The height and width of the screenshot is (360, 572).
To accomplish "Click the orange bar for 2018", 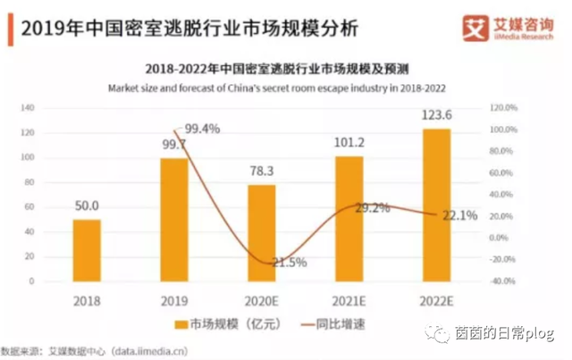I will [x=87, y=250].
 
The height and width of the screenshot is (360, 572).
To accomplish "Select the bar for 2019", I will [x=174, y=220].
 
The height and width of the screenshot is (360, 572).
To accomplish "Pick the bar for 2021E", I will [x=349, y=218].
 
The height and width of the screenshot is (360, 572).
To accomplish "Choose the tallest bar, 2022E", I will [x=437, y=205].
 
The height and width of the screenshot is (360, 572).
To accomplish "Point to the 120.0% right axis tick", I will [x=504, y=107].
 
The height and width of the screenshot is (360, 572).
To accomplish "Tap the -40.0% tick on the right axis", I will [x=504, y=281].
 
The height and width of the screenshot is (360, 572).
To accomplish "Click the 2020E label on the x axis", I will [x=262, y=301].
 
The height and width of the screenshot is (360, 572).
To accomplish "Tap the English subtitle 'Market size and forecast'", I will [x=276, y=88].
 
